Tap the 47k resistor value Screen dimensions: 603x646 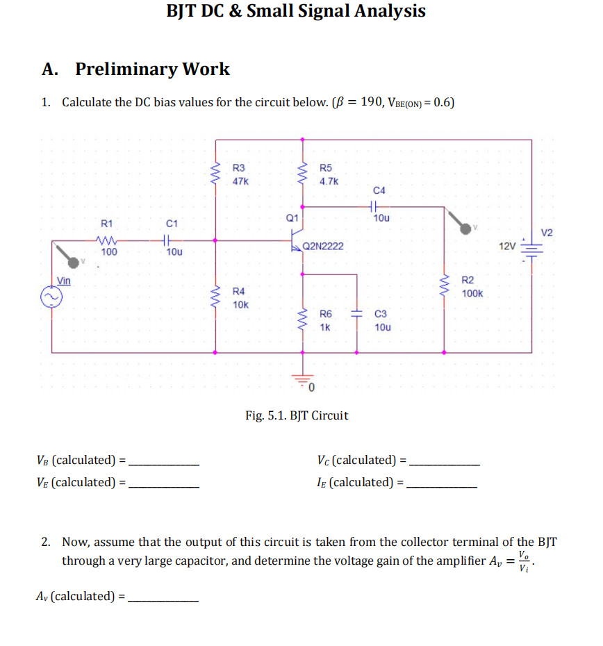coord(240,181)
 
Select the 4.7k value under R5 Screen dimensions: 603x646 coord(329,181)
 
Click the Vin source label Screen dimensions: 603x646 coord(64,281)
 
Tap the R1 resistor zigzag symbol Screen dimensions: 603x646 coord(107,240)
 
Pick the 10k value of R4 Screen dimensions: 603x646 coord(240,304)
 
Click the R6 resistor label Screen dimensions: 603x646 coord(325,314)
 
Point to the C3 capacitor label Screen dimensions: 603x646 coord(381,314)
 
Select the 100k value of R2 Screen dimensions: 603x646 coord(472,294)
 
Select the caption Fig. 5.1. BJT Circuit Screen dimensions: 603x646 coord(297,415)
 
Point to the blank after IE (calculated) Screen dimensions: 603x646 coord(442,483)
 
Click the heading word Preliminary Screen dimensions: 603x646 coord(129,69)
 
